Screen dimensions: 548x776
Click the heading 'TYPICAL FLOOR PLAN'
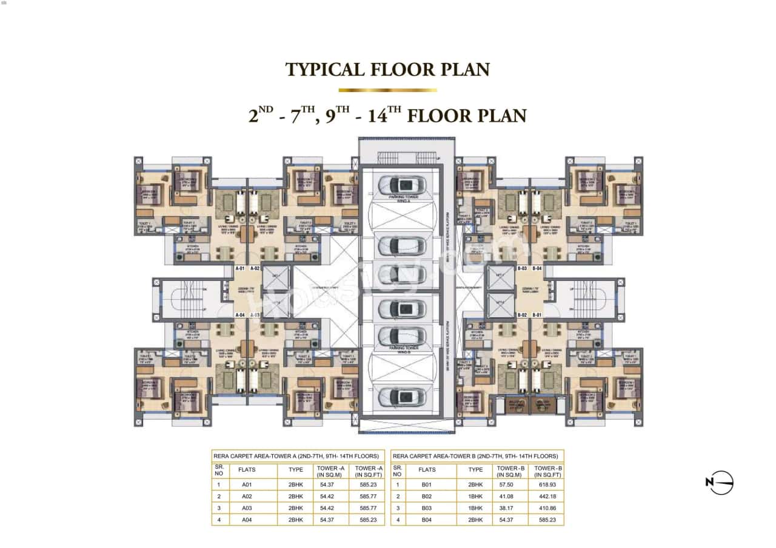387,70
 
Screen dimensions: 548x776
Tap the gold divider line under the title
387,90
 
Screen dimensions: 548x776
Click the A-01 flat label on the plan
241,268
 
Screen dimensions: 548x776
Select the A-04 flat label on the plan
241,315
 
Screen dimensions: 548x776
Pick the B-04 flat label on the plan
537,268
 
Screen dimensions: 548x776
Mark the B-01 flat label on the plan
537,315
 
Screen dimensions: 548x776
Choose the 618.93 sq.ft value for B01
546,484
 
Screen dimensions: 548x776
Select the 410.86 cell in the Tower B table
546,507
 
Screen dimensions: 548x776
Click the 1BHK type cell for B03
476,507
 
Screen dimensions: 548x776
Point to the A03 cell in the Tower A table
247,507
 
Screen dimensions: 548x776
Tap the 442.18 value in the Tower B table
546,496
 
